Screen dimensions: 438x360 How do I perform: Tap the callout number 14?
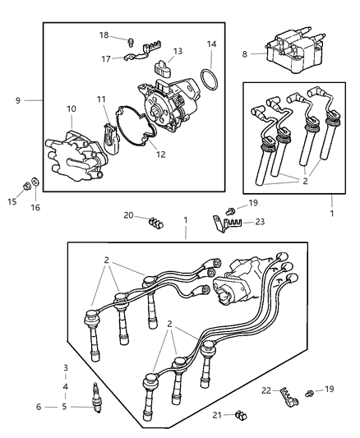211,44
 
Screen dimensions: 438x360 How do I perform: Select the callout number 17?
104,58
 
